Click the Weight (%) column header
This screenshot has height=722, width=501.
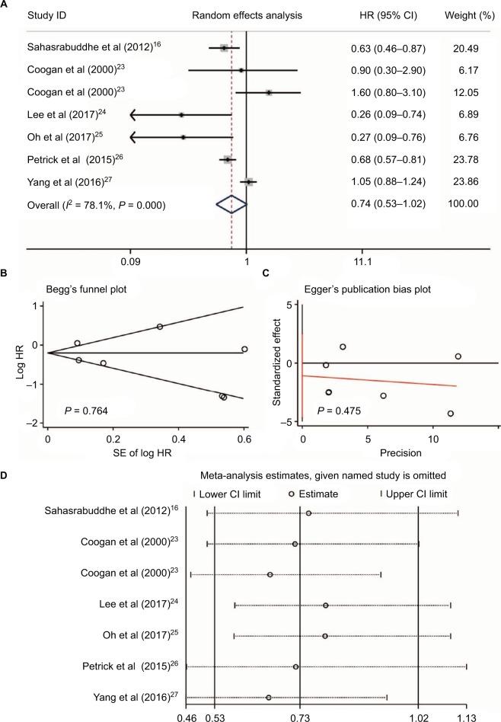(x=466, y=15)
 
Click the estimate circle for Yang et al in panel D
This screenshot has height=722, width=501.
(x=268, y=697)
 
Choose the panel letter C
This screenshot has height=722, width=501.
(x=265, y=277)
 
